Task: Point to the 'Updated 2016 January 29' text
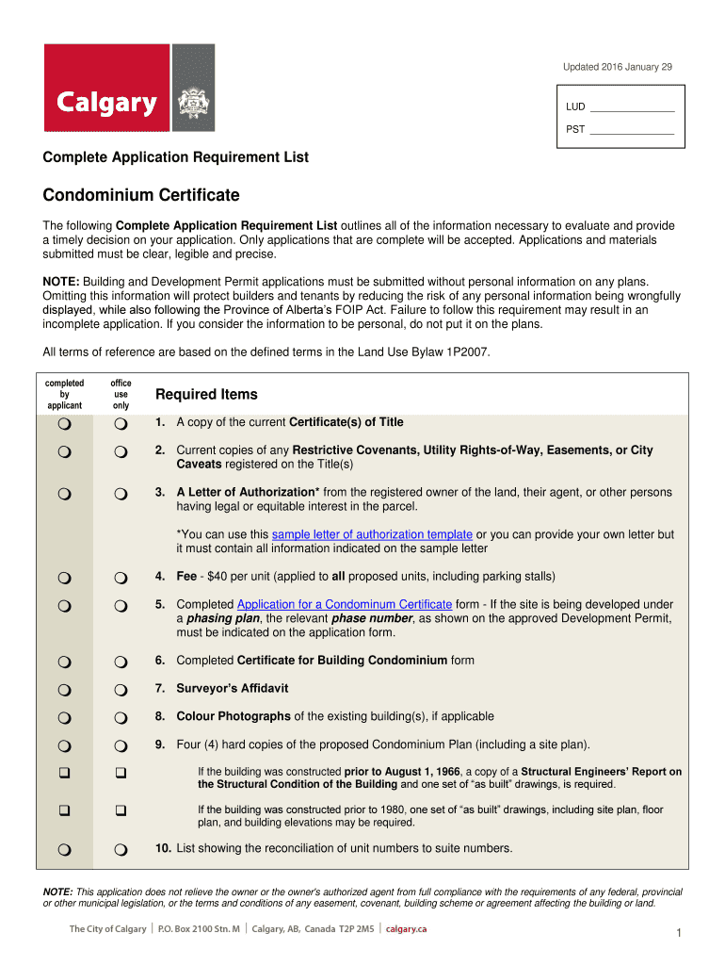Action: pyautogui.click(x=617, y=67)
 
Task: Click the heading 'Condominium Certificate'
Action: pyautogui.click(x=141, y=196)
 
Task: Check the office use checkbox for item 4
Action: pyautogui.click(x=121, y=578)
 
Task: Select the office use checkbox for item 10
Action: pyautogui.click(x=121, y=850)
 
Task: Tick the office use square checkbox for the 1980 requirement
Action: pyautogui.click(x=121, y=810)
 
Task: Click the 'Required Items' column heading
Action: pyautogui.click(x=206, y=394)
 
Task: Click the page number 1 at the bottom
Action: pyautogui.click(x=678, y=934)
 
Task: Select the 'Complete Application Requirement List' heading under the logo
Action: pyautogui.click(x=176, y=157)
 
